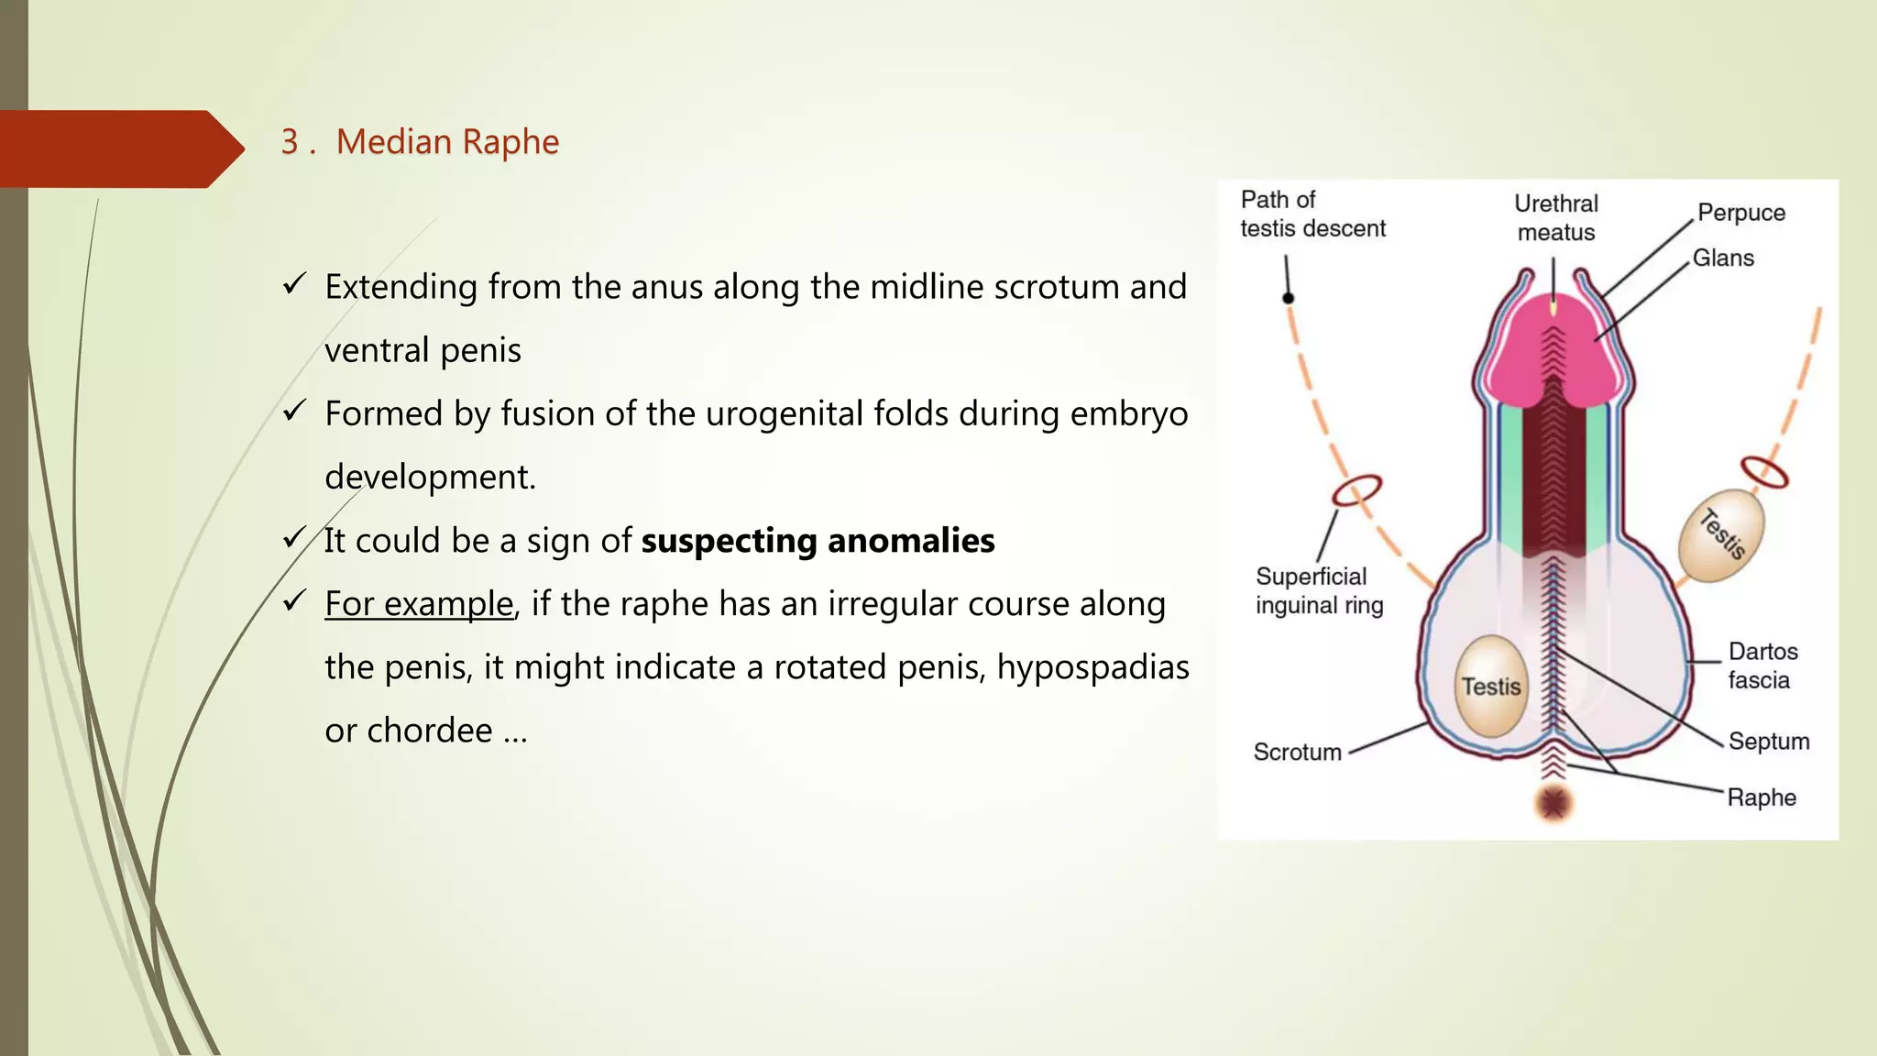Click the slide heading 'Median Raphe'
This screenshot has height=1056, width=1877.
[446, 142]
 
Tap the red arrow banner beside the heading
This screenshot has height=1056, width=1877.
[119, 148]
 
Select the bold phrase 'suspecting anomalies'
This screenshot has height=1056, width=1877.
[818, 541]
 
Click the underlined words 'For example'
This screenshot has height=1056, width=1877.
[419, 604]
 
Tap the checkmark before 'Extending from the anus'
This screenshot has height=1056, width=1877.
[294, 285]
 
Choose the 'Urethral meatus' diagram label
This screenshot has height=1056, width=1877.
[1555, 217]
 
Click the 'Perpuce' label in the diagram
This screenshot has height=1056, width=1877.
[1741, 213]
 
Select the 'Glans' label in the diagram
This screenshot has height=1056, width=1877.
[1723, 258]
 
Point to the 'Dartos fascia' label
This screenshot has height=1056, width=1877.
[1762, 665]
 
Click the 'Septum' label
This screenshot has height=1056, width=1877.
[1769, 741]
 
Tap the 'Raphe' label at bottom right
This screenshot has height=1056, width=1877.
[1762, 797]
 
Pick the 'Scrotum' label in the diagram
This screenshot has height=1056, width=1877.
[1297, 752]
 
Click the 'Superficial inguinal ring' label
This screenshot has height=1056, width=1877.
[1319, 590]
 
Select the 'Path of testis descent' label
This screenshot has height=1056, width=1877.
[1312, 214]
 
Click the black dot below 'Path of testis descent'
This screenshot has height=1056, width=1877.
[1288, 298]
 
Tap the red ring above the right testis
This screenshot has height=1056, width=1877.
[1764, 472]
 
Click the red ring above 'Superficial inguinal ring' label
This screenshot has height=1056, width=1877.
[1356, 489]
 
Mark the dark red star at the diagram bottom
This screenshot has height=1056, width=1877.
[1553, 803]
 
